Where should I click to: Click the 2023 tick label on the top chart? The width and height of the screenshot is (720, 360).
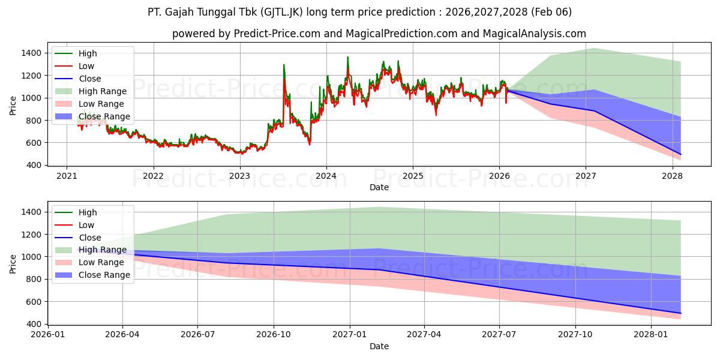click(239, 176)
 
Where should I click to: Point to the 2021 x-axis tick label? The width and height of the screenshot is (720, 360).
click(67, 176)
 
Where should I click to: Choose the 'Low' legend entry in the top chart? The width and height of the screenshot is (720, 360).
click(86, 66)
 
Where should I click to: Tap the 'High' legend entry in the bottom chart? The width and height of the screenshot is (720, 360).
click(88, 212)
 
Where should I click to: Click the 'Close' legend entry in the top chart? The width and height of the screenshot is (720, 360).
click(90, 79)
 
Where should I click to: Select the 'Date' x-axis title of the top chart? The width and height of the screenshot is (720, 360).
click(379, 187)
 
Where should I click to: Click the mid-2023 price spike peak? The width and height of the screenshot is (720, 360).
click(284, 65)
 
